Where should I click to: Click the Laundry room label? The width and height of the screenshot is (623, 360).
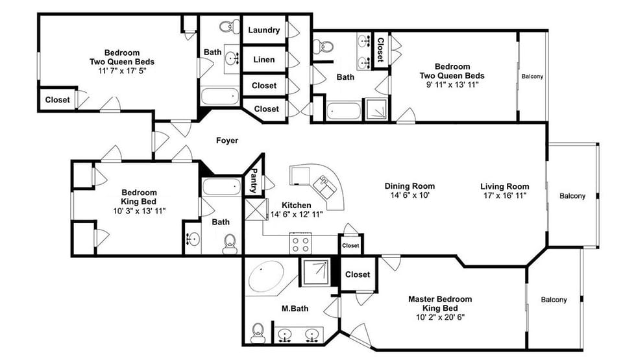point(263,30)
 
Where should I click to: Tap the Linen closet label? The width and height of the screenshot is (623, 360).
point(263,60)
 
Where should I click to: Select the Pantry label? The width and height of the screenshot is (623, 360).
point(254,182)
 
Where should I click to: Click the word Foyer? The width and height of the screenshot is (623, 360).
point(227,140)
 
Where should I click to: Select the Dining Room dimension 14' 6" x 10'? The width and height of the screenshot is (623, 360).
point(409,195)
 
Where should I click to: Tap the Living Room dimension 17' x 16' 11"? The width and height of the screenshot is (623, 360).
point(504,195)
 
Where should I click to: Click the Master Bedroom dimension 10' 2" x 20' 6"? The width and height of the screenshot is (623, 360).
point(439,317)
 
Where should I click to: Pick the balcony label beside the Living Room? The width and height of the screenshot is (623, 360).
point(572,196)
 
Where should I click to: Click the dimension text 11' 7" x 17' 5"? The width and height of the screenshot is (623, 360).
point(121,71)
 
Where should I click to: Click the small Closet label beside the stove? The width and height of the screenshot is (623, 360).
point(350,246)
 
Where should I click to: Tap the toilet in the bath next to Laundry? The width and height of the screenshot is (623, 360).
point(226,27)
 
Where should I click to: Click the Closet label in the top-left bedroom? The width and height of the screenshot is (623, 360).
point(57,100)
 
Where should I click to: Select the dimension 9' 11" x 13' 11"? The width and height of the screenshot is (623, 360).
point(452,85)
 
